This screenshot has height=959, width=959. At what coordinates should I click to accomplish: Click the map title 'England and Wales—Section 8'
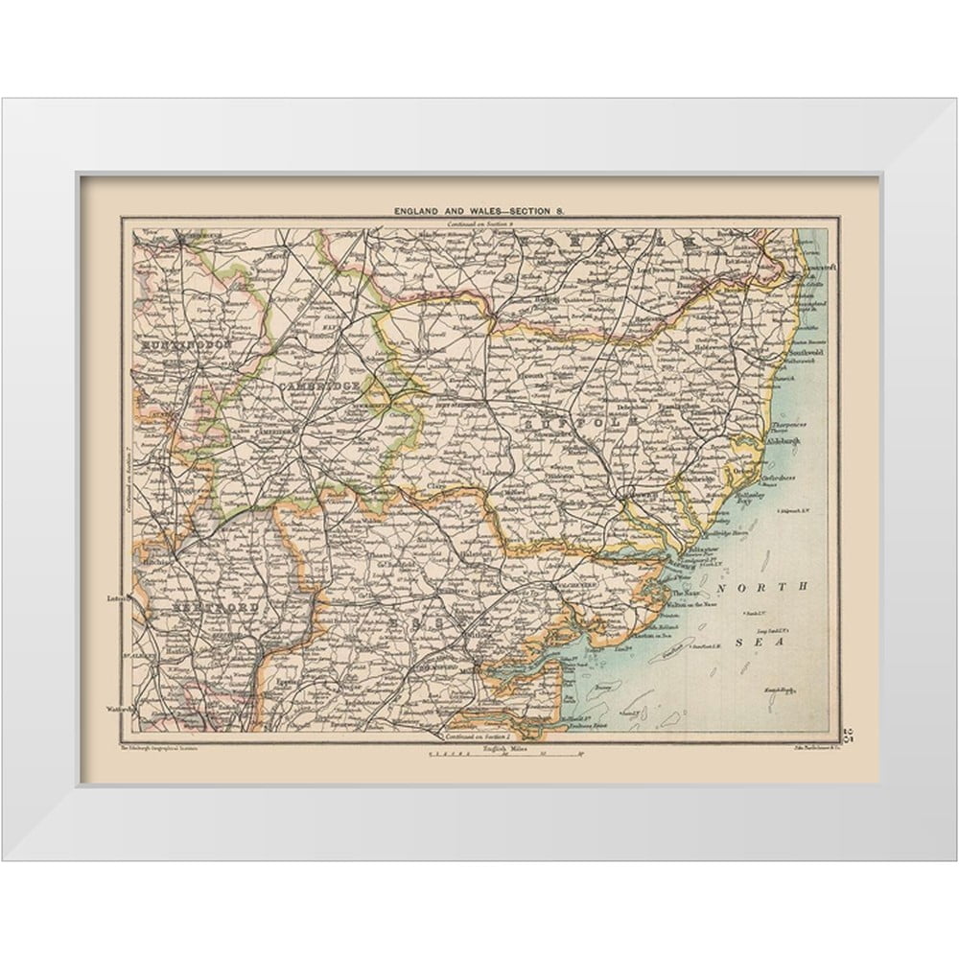480,209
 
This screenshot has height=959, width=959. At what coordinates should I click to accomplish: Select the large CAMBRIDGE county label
320,385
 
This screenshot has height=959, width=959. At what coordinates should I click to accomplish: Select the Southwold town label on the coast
802,352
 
